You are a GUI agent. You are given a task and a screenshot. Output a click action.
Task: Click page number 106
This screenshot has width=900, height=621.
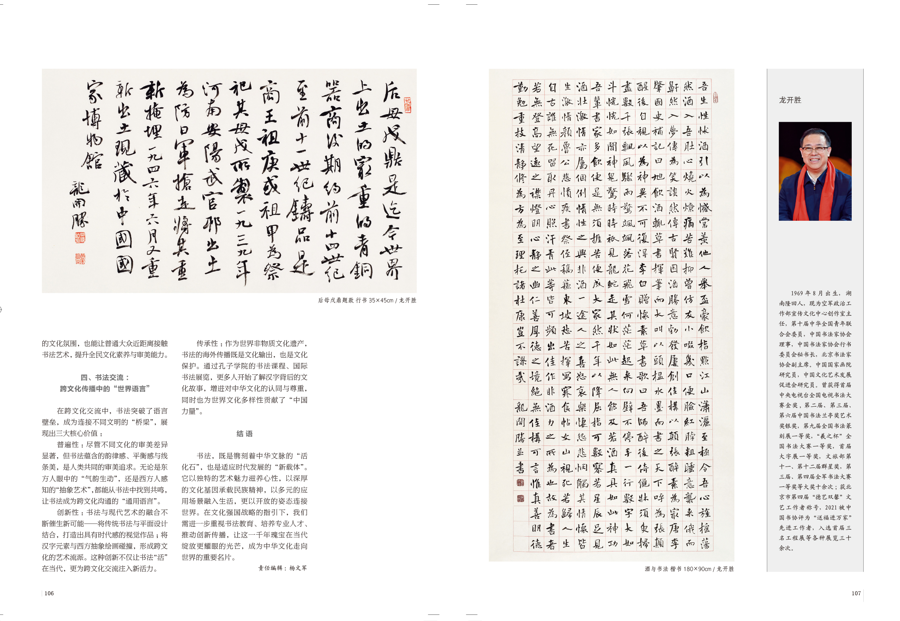[x=49, y=593]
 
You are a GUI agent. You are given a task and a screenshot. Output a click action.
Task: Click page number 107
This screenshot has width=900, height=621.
[x=856, y=593]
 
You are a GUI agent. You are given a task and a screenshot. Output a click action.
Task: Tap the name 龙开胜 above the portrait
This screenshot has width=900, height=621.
[x=790, y=100]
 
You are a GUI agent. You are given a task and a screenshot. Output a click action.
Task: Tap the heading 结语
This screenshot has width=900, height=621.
[x=245, y=434]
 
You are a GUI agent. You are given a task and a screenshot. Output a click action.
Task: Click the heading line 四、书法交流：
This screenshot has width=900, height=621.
[x=105, y=377]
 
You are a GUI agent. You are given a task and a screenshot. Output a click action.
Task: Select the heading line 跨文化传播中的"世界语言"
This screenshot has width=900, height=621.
[x=105, y=389]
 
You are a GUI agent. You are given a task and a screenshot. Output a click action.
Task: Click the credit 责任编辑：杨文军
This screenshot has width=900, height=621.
[x=282, y=568]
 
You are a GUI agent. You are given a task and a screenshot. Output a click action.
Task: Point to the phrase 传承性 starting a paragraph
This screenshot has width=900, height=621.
[x=207, y=344]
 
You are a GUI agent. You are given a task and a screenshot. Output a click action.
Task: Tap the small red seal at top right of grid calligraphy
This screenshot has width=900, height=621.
[x=715, y=98]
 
